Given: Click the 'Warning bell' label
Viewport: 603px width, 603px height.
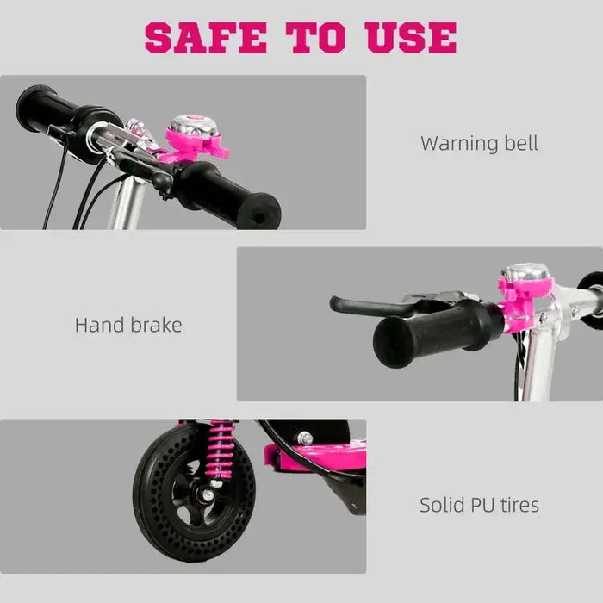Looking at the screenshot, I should click(479, 143).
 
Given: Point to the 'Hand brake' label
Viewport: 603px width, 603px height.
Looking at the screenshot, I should click(128, 325).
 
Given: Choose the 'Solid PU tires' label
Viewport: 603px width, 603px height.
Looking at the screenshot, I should click(479, 504).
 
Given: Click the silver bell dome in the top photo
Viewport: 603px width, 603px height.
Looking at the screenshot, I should click(187, 126).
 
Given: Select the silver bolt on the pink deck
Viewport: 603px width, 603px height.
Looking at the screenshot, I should click(306, 439).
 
